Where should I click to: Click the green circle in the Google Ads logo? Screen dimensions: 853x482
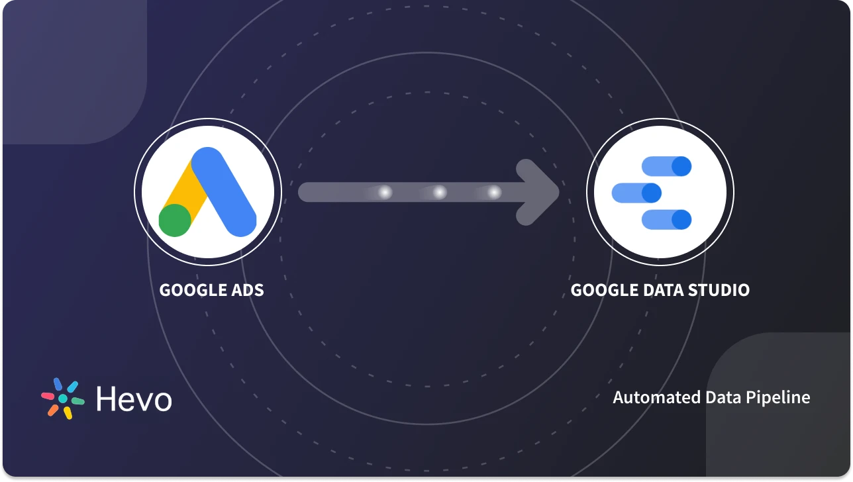pos(175,220)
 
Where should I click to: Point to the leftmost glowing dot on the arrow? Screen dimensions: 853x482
pos(385,192)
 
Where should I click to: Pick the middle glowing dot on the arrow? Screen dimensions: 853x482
pos(439,192)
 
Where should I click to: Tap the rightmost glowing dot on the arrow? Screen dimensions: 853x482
pos(494,192)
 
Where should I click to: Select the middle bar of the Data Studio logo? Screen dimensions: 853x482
pos(636,193)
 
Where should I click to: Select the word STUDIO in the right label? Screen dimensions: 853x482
pos(718,290)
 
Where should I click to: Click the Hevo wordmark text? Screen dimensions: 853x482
pos(134,399)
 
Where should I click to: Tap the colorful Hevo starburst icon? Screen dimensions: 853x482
pos(63,399)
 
